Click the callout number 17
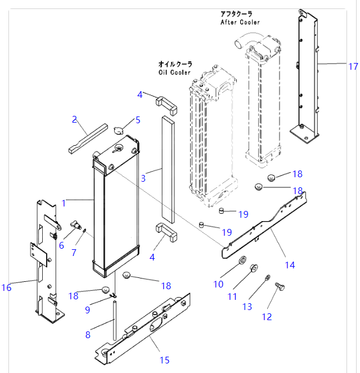pos(353,66)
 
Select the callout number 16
pos(6,287)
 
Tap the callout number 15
pos(165,360)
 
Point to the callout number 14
pos(290,265)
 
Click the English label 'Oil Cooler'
pos(174,73)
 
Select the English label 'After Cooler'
pos(240,22)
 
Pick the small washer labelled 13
pos(268,277)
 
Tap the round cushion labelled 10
pos(243,259)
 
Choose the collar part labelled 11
pos(254,268)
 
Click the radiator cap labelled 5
pos(118,130)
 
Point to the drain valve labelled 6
pos(76,225)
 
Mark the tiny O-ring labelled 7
pos(84,230)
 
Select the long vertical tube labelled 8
pos(115,321)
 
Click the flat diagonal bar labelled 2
pos(88,138)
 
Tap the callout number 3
pos(143,178)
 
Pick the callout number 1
pos(64,204)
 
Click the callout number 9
pos(88,310)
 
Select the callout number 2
pos(74,119)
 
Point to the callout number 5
pos(138,120)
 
